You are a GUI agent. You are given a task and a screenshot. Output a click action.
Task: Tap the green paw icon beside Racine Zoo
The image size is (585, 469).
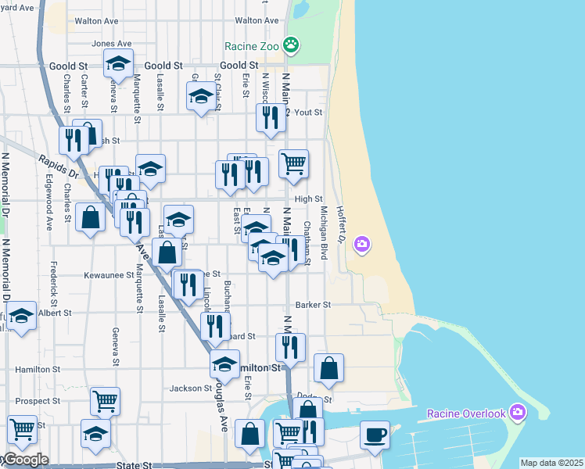point(291,45)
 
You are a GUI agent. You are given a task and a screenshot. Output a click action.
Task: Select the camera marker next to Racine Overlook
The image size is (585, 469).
point(516,412)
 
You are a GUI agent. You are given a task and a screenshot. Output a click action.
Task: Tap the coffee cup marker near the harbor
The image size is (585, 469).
point(375,435)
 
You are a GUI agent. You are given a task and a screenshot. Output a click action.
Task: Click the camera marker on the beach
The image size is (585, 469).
point(361,244)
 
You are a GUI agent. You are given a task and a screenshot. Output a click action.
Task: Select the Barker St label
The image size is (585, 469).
point(314,305)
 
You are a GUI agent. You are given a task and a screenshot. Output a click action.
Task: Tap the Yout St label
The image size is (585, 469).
point(308,113)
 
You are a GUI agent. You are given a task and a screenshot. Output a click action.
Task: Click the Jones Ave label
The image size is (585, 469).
point(111,44)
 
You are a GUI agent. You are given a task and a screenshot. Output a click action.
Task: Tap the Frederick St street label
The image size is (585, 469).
point(54,284)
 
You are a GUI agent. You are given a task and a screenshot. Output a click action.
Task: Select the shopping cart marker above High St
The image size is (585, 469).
point(294,163)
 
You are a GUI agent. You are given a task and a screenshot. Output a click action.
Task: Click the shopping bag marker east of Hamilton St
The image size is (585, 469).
point(329,368)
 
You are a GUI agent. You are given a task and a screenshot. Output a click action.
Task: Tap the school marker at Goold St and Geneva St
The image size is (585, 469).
point(118,63)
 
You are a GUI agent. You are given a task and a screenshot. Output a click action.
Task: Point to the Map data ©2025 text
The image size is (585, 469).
point(551,463)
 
